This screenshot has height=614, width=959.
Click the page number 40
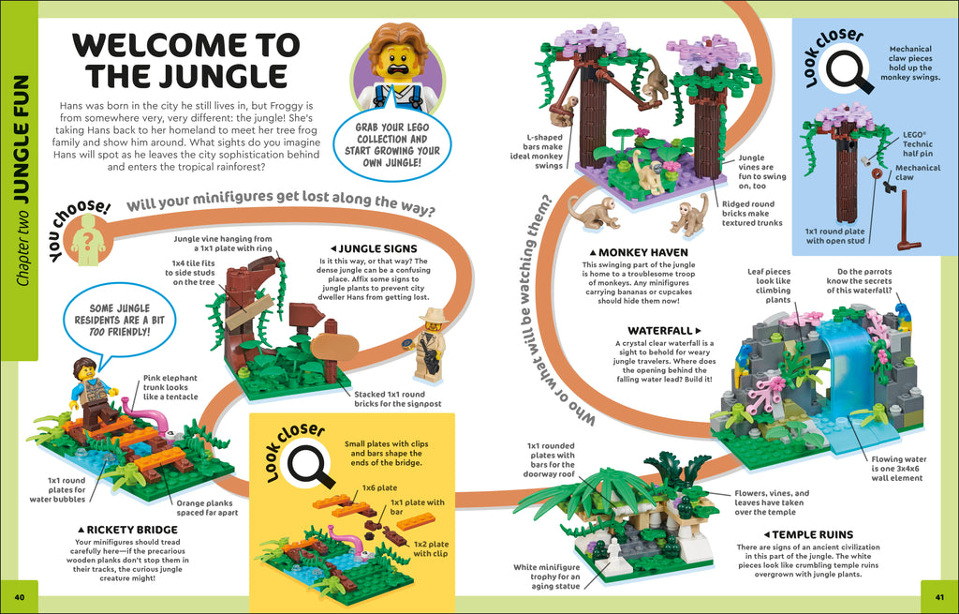pos(20,597)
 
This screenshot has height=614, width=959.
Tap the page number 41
pos(939,597)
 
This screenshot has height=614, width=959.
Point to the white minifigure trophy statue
pos(614,554)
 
